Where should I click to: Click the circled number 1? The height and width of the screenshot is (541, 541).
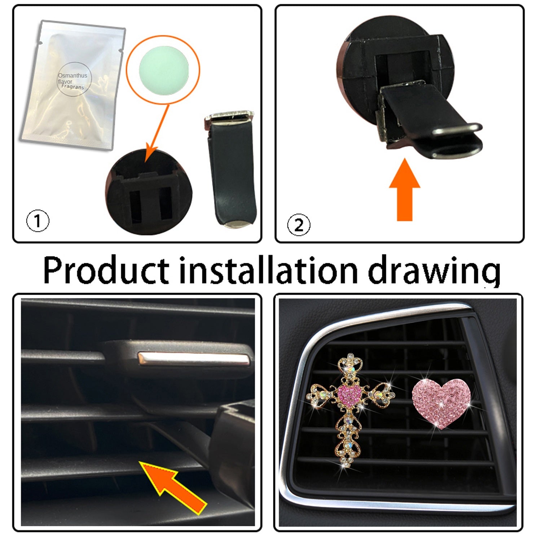point(38,221)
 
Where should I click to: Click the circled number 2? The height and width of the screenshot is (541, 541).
point(299,225)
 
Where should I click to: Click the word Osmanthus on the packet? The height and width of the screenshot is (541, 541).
point(72,76)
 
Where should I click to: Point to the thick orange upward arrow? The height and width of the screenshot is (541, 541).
point(405,190)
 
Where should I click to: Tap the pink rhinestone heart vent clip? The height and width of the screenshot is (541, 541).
point(442,403)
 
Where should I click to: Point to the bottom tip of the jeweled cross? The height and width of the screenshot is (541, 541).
point(348,467)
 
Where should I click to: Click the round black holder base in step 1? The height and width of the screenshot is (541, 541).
point(149,192)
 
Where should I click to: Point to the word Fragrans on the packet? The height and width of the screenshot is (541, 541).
point(72,87)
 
